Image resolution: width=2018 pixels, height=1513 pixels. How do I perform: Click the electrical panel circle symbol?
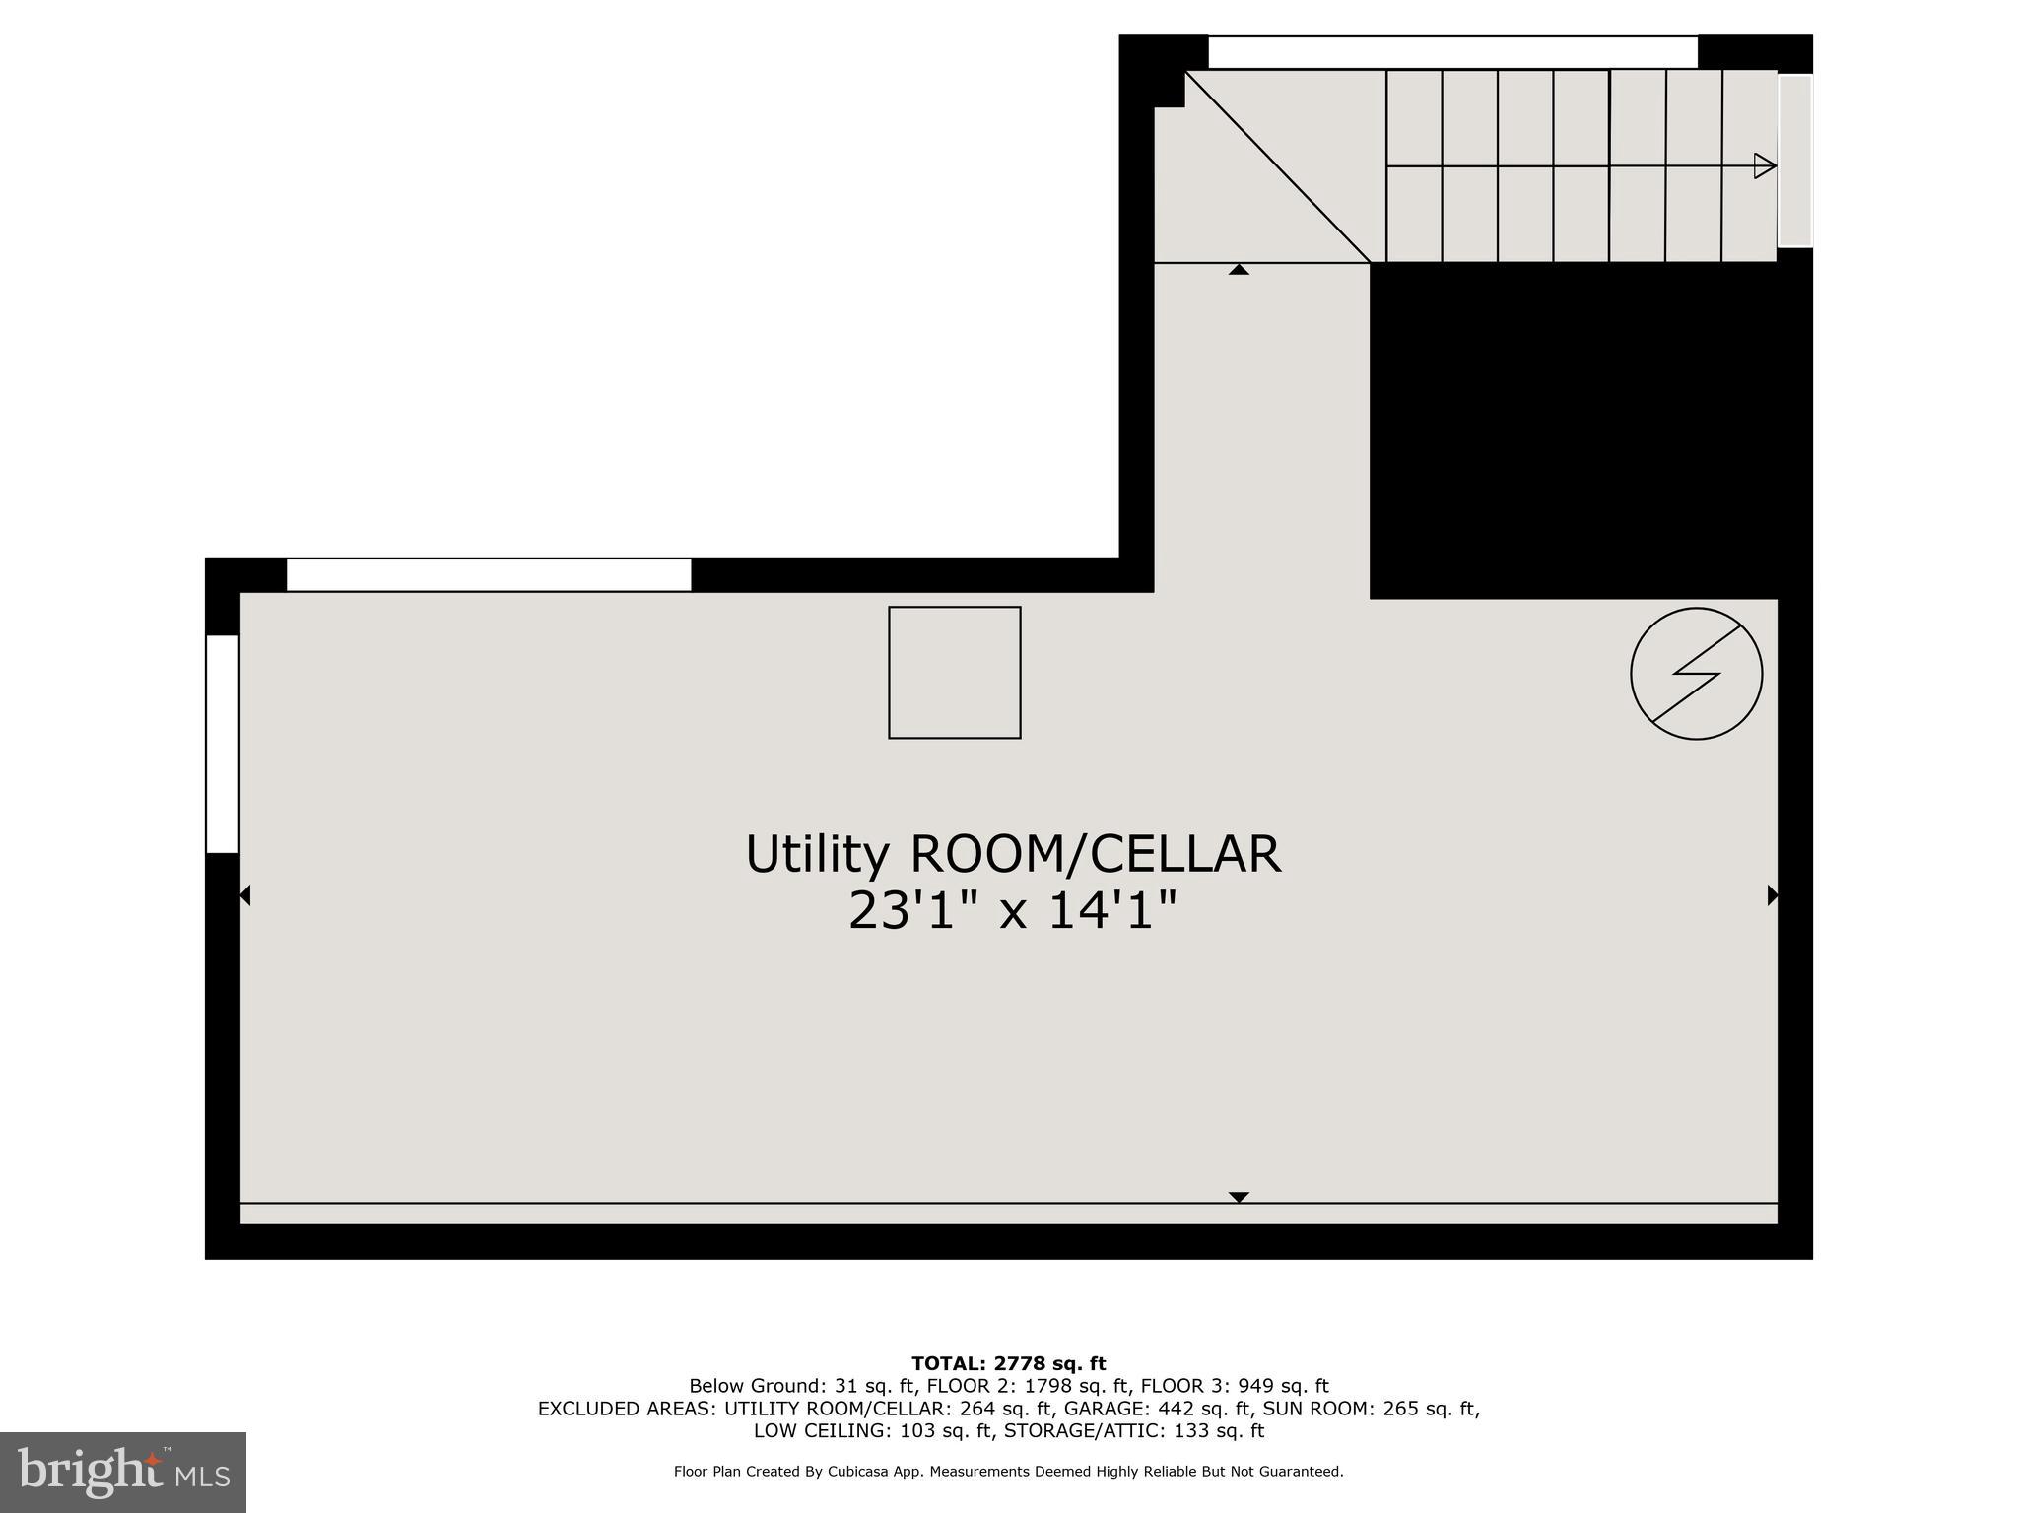pyautogui.click(x=1696, y=675)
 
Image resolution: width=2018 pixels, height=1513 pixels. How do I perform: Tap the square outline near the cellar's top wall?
pyautogui.click(x=954, y=673)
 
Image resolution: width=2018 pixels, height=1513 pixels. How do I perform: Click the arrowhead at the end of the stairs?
pyautogui.click(x=1764, y=165)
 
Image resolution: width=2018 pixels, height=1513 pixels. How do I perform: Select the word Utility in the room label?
pyautogui.click(x=817, y=854)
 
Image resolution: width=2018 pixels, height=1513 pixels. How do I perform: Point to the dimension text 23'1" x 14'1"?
pyautogui.click(x=1012, y=911)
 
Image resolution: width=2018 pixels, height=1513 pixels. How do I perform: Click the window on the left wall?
pyautogui.click(x=223, y=744)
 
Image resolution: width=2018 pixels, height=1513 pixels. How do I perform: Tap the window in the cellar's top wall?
pyautogui.click(x=489, y=574)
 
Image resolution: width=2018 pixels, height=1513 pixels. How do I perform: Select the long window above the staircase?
pyautogui.click(x=1452, y=52)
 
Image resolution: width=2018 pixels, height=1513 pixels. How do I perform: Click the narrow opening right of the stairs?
pyautogui.click(x=1794, y=161)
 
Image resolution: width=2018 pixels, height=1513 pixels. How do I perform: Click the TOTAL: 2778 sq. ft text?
pyautogui.click(x=1008, y=1364)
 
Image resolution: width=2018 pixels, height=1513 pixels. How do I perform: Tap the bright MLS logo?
pyautogui.click(x=123, y=1472)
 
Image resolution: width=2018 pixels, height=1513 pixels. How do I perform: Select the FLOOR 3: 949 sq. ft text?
pyautogui.click(x=1234, y=1387)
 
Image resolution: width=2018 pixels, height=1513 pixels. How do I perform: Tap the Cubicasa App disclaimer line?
pyautogui.click(x=1008, y=1472)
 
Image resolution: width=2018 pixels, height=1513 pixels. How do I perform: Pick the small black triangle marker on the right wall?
pyautogui.click(x=1772, y=895)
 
